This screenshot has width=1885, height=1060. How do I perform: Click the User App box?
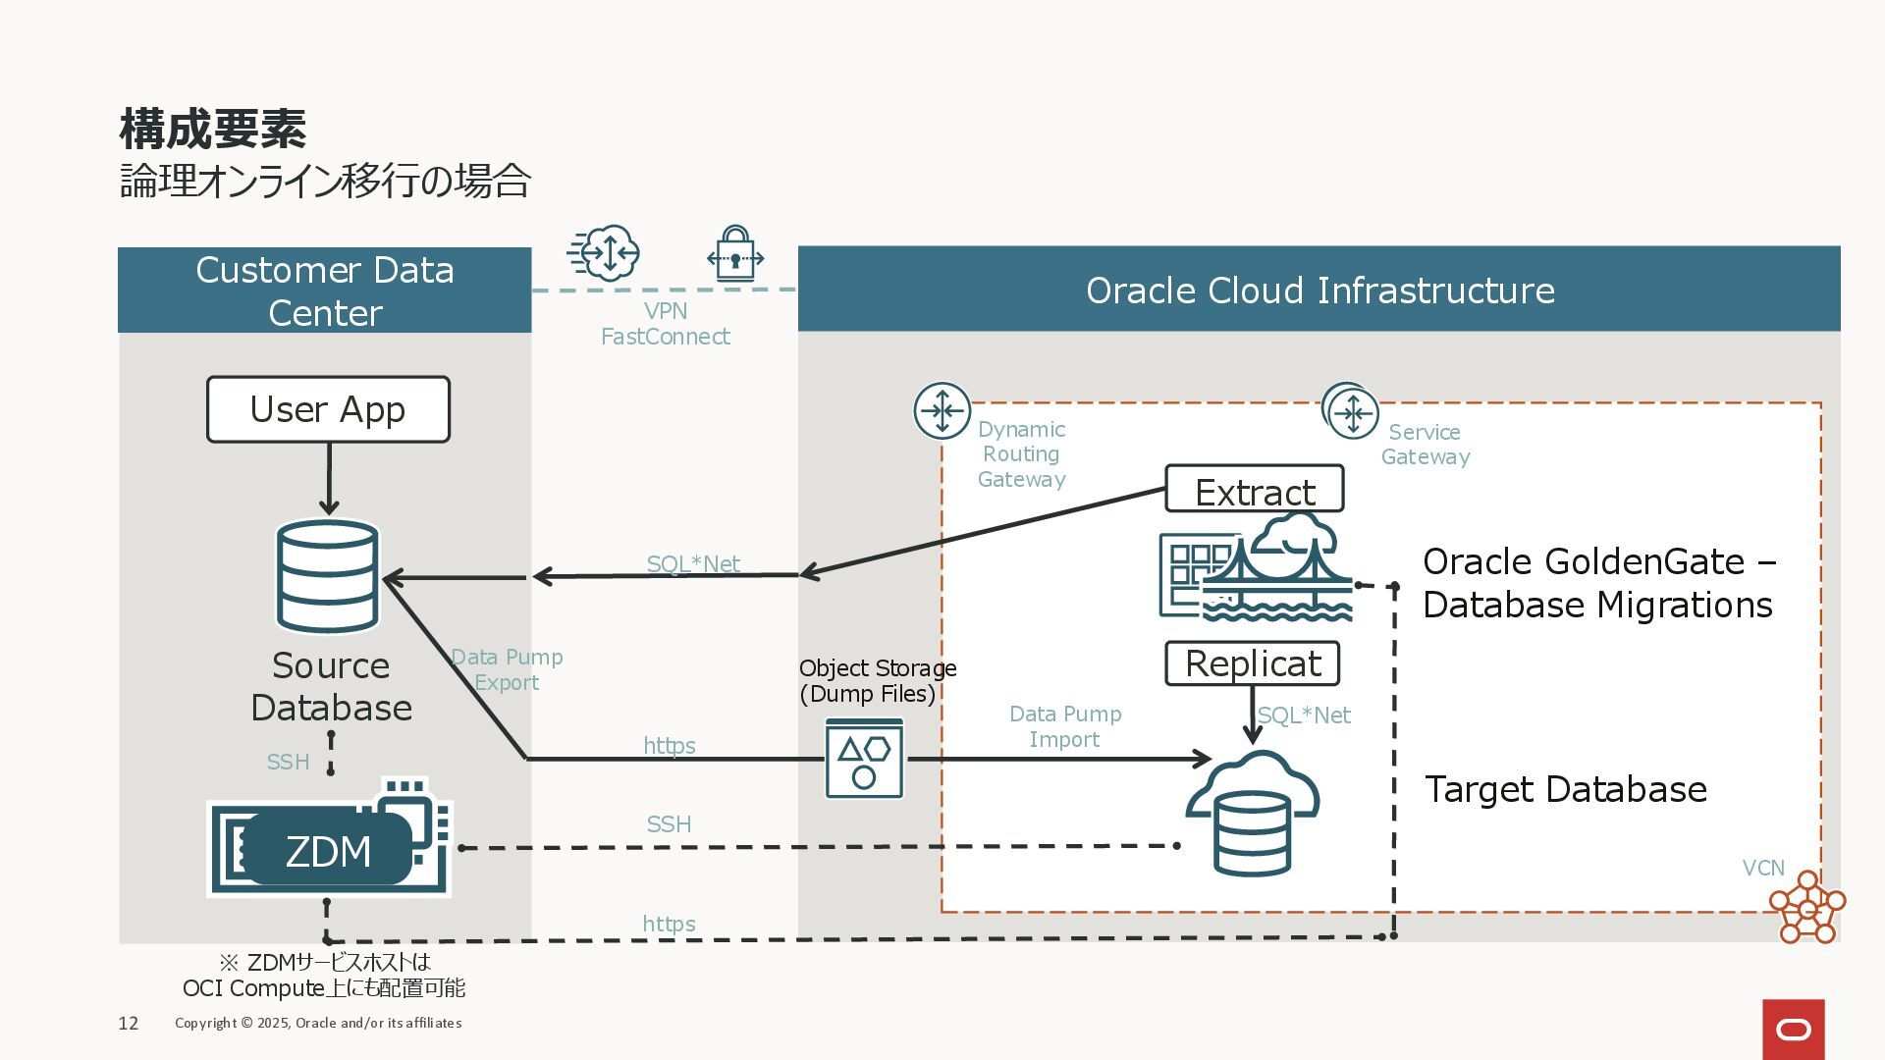328,409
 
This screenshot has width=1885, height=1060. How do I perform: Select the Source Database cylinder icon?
328,576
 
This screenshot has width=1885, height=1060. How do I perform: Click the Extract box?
1255,489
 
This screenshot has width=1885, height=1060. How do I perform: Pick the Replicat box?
1252,663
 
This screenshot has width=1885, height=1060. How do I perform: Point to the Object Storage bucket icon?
864,758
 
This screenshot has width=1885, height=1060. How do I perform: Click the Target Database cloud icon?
1252,813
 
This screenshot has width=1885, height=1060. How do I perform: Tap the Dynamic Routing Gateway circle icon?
942,410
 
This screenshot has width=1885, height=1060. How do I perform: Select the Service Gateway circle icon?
1351,411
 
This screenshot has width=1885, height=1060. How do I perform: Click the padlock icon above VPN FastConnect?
735,254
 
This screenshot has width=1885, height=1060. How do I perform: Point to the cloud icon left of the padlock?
604,253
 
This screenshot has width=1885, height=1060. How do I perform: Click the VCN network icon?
1806,907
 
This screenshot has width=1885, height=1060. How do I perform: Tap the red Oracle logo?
1794,1030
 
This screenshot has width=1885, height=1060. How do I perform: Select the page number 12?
129,1024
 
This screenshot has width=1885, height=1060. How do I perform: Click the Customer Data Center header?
325,291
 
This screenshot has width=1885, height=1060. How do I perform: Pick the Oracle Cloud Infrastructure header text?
1320,291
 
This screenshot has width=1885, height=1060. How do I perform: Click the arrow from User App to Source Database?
329,479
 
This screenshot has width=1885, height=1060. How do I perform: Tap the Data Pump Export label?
507,669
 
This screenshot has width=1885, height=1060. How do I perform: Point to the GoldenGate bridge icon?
1257,566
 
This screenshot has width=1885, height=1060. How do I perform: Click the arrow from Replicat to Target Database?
1252,715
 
